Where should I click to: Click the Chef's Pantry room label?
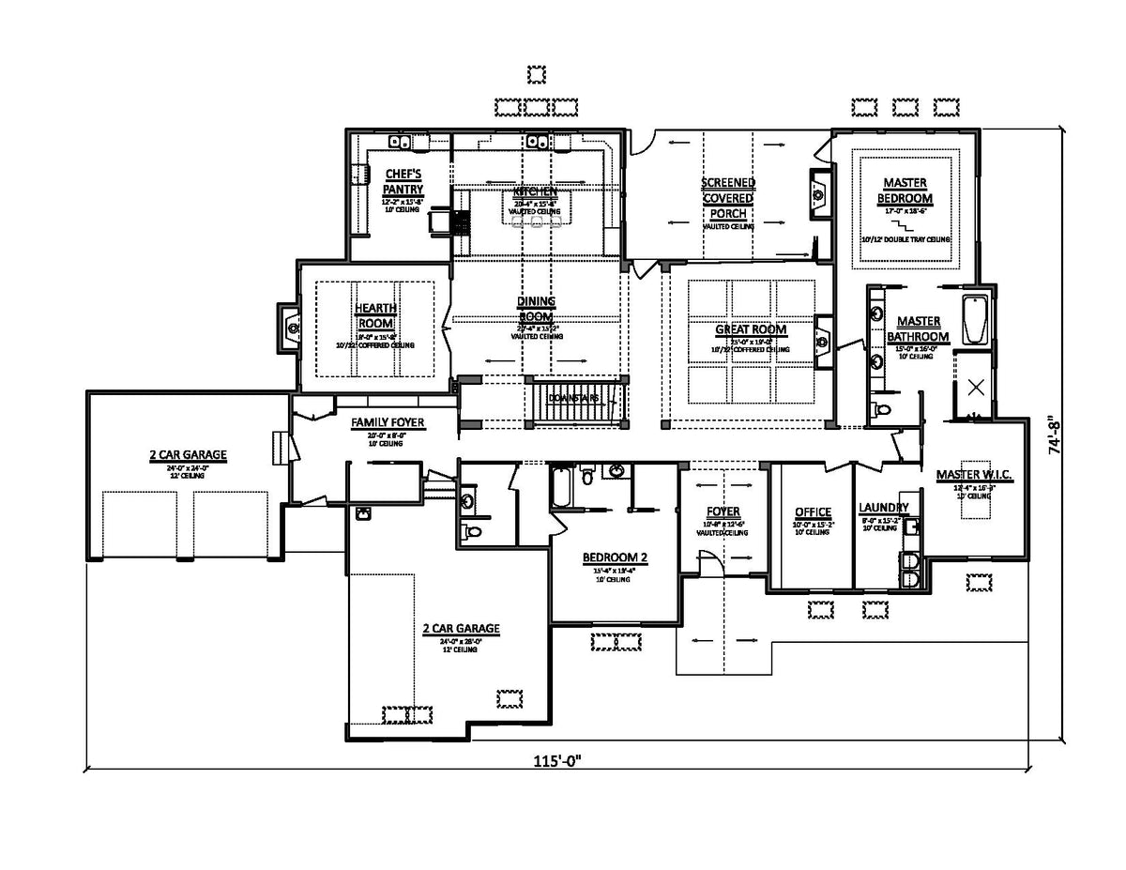pos(404,182)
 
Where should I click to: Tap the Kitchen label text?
pos(535,191)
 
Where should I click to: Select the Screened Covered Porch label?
pos(728,198)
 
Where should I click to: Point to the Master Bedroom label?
pos(905,191)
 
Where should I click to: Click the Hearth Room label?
pos(375,316)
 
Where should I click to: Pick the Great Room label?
pos(751,329)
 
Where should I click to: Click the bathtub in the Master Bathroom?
pos(976,319)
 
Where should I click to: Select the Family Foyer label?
pos(388,423)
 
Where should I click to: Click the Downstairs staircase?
pos(574,400)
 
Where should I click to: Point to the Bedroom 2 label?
pos(615,557)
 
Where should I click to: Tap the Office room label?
pos(813,512)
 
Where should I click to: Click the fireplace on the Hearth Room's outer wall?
pos(289,327)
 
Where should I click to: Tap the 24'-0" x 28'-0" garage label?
pos(460,629)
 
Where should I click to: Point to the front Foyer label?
pos(723,512)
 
